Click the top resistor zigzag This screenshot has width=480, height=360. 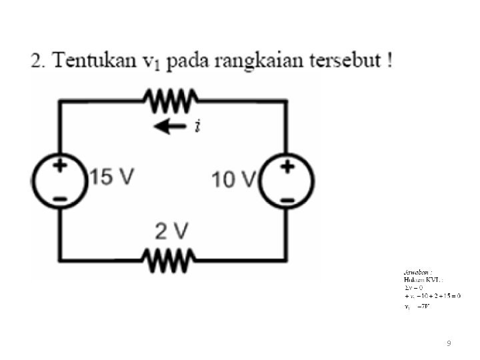169,101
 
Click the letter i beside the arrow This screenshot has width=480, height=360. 197,126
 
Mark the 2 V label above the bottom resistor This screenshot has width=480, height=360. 171,232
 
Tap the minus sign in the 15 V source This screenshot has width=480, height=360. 60,198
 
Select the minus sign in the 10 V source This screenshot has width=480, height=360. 287,199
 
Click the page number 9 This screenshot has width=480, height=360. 449,343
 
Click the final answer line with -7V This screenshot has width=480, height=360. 417,307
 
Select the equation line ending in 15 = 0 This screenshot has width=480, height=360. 432,295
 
